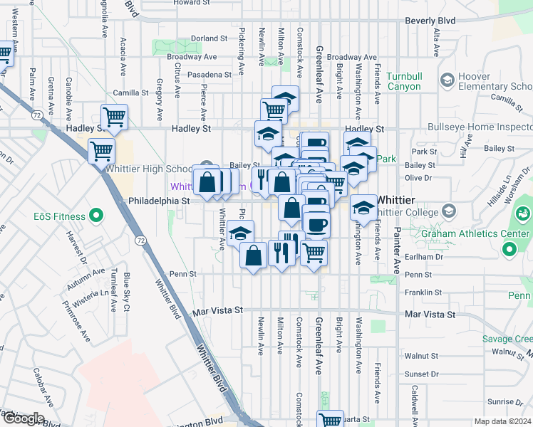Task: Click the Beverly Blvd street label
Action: click(x=430, y=21)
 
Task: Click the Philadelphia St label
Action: click(x=158, y=201)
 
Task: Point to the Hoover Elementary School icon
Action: click(x=448, y=80)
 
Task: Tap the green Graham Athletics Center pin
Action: click(x=509, y=249)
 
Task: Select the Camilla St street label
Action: click(x=130, y=93)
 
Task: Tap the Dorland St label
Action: click(x=208, y=38)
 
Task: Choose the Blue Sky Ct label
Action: click(x=127, y=292)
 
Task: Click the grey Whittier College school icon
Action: click(x=449, y=210)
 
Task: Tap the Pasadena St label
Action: click(x=209, y=74)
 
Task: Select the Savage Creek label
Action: click(x=507, y=339)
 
